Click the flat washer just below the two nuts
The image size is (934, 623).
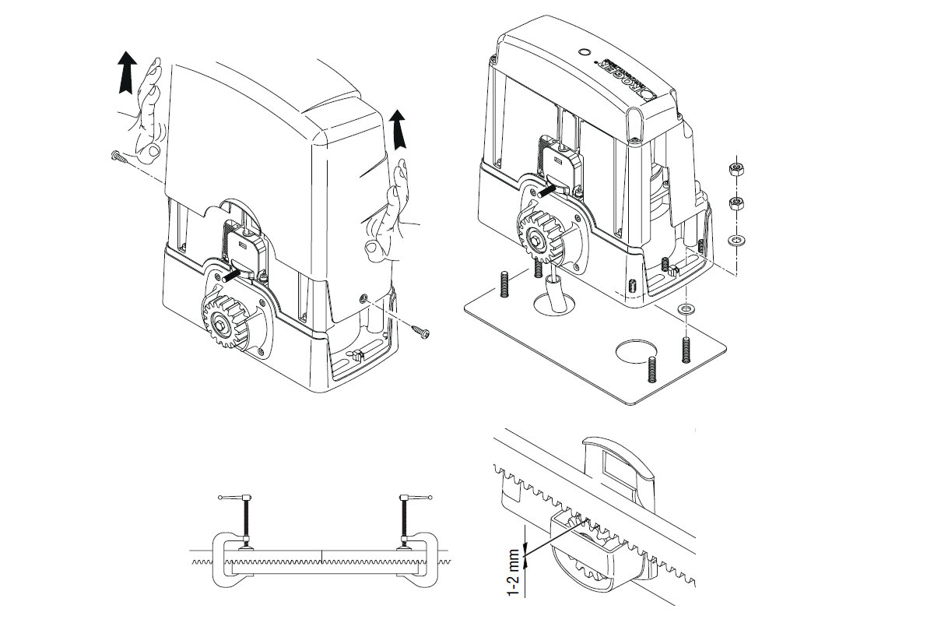(733, 239)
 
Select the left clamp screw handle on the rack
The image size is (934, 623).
(233, 498)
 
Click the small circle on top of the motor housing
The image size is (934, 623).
(585, 52)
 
